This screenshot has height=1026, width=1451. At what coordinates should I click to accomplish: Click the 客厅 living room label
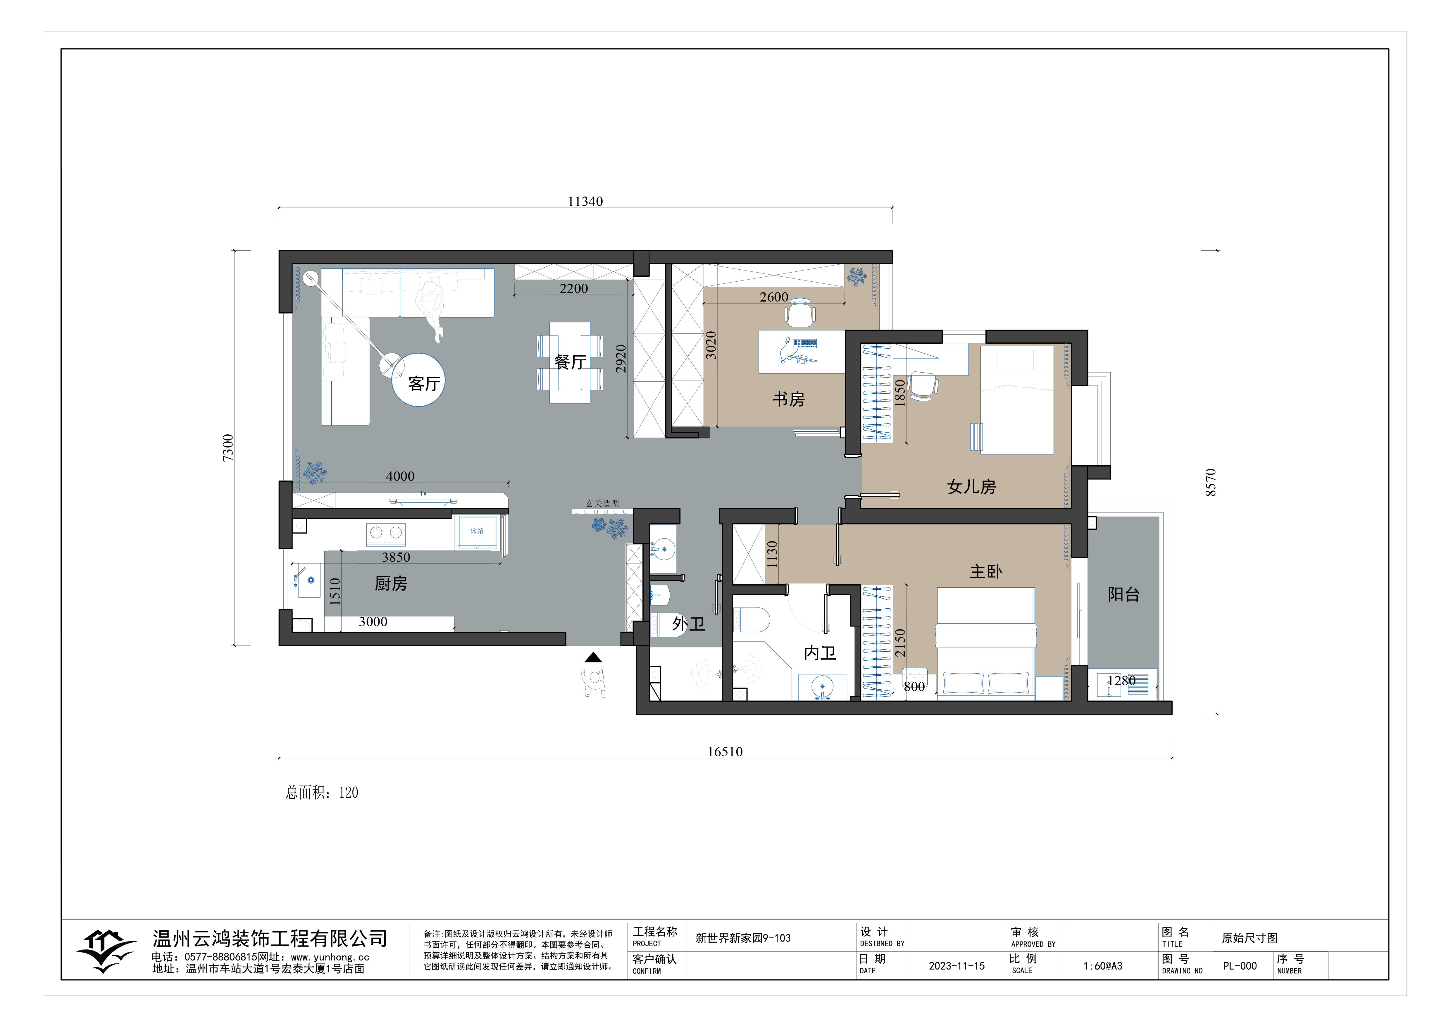(424, 384)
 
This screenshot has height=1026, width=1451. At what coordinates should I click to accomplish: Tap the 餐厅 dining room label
(570, 362)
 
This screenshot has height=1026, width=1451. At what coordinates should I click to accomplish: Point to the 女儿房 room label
(971, 487)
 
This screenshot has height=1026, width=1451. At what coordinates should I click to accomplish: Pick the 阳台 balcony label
(1124, 594)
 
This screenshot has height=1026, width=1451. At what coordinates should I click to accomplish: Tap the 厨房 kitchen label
(391, 583)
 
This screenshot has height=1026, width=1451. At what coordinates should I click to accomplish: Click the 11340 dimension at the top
(585, 202)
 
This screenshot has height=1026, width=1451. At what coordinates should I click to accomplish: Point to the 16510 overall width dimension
(725, 752)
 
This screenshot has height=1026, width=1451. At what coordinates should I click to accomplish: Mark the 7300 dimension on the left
(228, 447)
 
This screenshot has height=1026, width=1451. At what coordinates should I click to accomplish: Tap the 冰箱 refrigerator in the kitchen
(477, 532)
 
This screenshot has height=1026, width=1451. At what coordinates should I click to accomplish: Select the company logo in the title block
(106, 950)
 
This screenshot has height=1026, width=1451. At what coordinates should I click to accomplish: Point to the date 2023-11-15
(957, 966)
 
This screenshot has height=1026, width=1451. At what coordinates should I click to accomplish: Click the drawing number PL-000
(1240, 966)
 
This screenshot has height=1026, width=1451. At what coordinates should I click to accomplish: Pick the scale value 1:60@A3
(1103, 966)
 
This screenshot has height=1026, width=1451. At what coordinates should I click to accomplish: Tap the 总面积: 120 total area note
(322, 793)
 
